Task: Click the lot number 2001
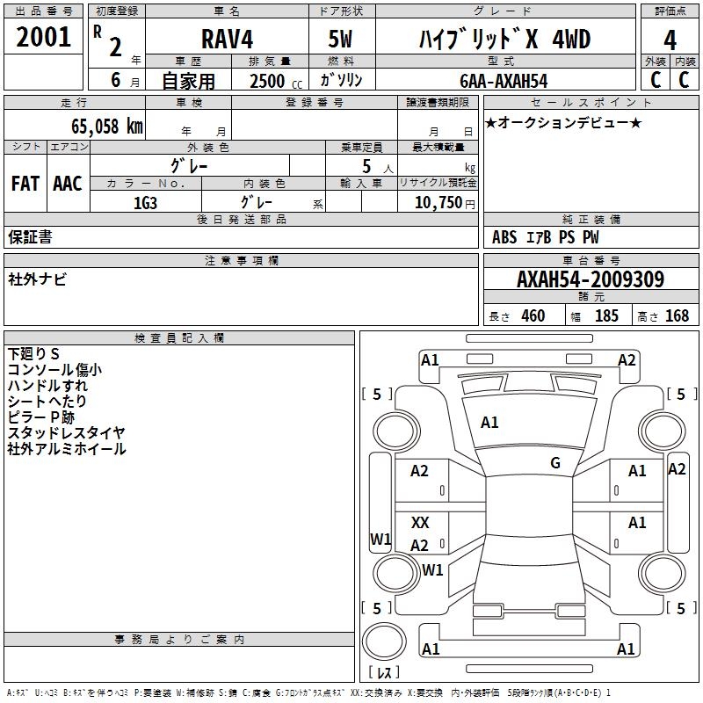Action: (44, 37)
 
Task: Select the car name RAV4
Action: (226, 40)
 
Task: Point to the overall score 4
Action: (670, 40)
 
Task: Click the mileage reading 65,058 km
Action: (100, 126)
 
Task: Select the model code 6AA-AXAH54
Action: (504, 81)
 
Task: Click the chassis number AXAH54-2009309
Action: (590, 279)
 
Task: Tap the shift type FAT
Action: (25, 184)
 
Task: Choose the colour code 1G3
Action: (144, 203)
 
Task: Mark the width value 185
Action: (606, 316)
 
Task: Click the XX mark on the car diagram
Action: (420, 523)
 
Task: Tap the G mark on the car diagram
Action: (555, 462)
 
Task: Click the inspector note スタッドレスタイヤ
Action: (66, 433)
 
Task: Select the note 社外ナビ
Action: (37, 279)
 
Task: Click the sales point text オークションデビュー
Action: (562, 122)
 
